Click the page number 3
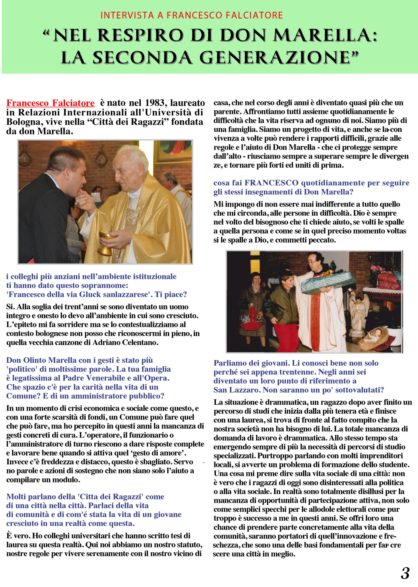pyautogui.click(x=405, y=573)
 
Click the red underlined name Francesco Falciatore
pyautogui.click(x=50, y=103)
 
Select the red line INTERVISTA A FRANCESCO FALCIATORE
pyautogui.click(x=192, y=16)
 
